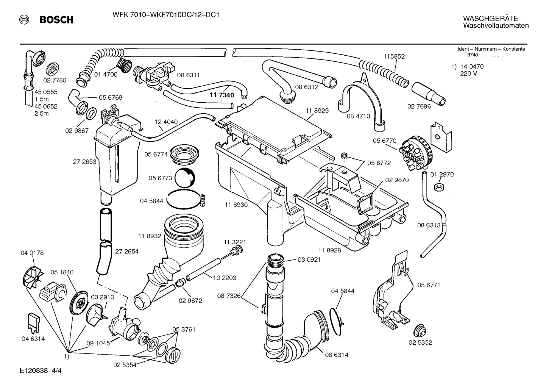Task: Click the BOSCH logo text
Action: tap(56, 20)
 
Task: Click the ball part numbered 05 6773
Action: tap(186, 178)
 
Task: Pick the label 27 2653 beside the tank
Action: tap(84, 162)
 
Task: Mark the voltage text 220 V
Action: tap(468, 73)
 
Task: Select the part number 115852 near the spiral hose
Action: tap(394, 56)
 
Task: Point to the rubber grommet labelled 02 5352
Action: tap(419, 330)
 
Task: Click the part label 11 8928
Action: tap(329, 250)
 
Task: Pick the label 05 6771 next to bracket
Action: tap(429, 285)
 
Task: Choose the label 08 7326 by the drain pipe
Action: tap(229, 295)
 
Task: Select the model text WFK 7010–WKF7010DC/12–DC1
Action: tap(166, 15)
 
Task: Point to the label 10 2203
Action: tap(225, 278)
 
